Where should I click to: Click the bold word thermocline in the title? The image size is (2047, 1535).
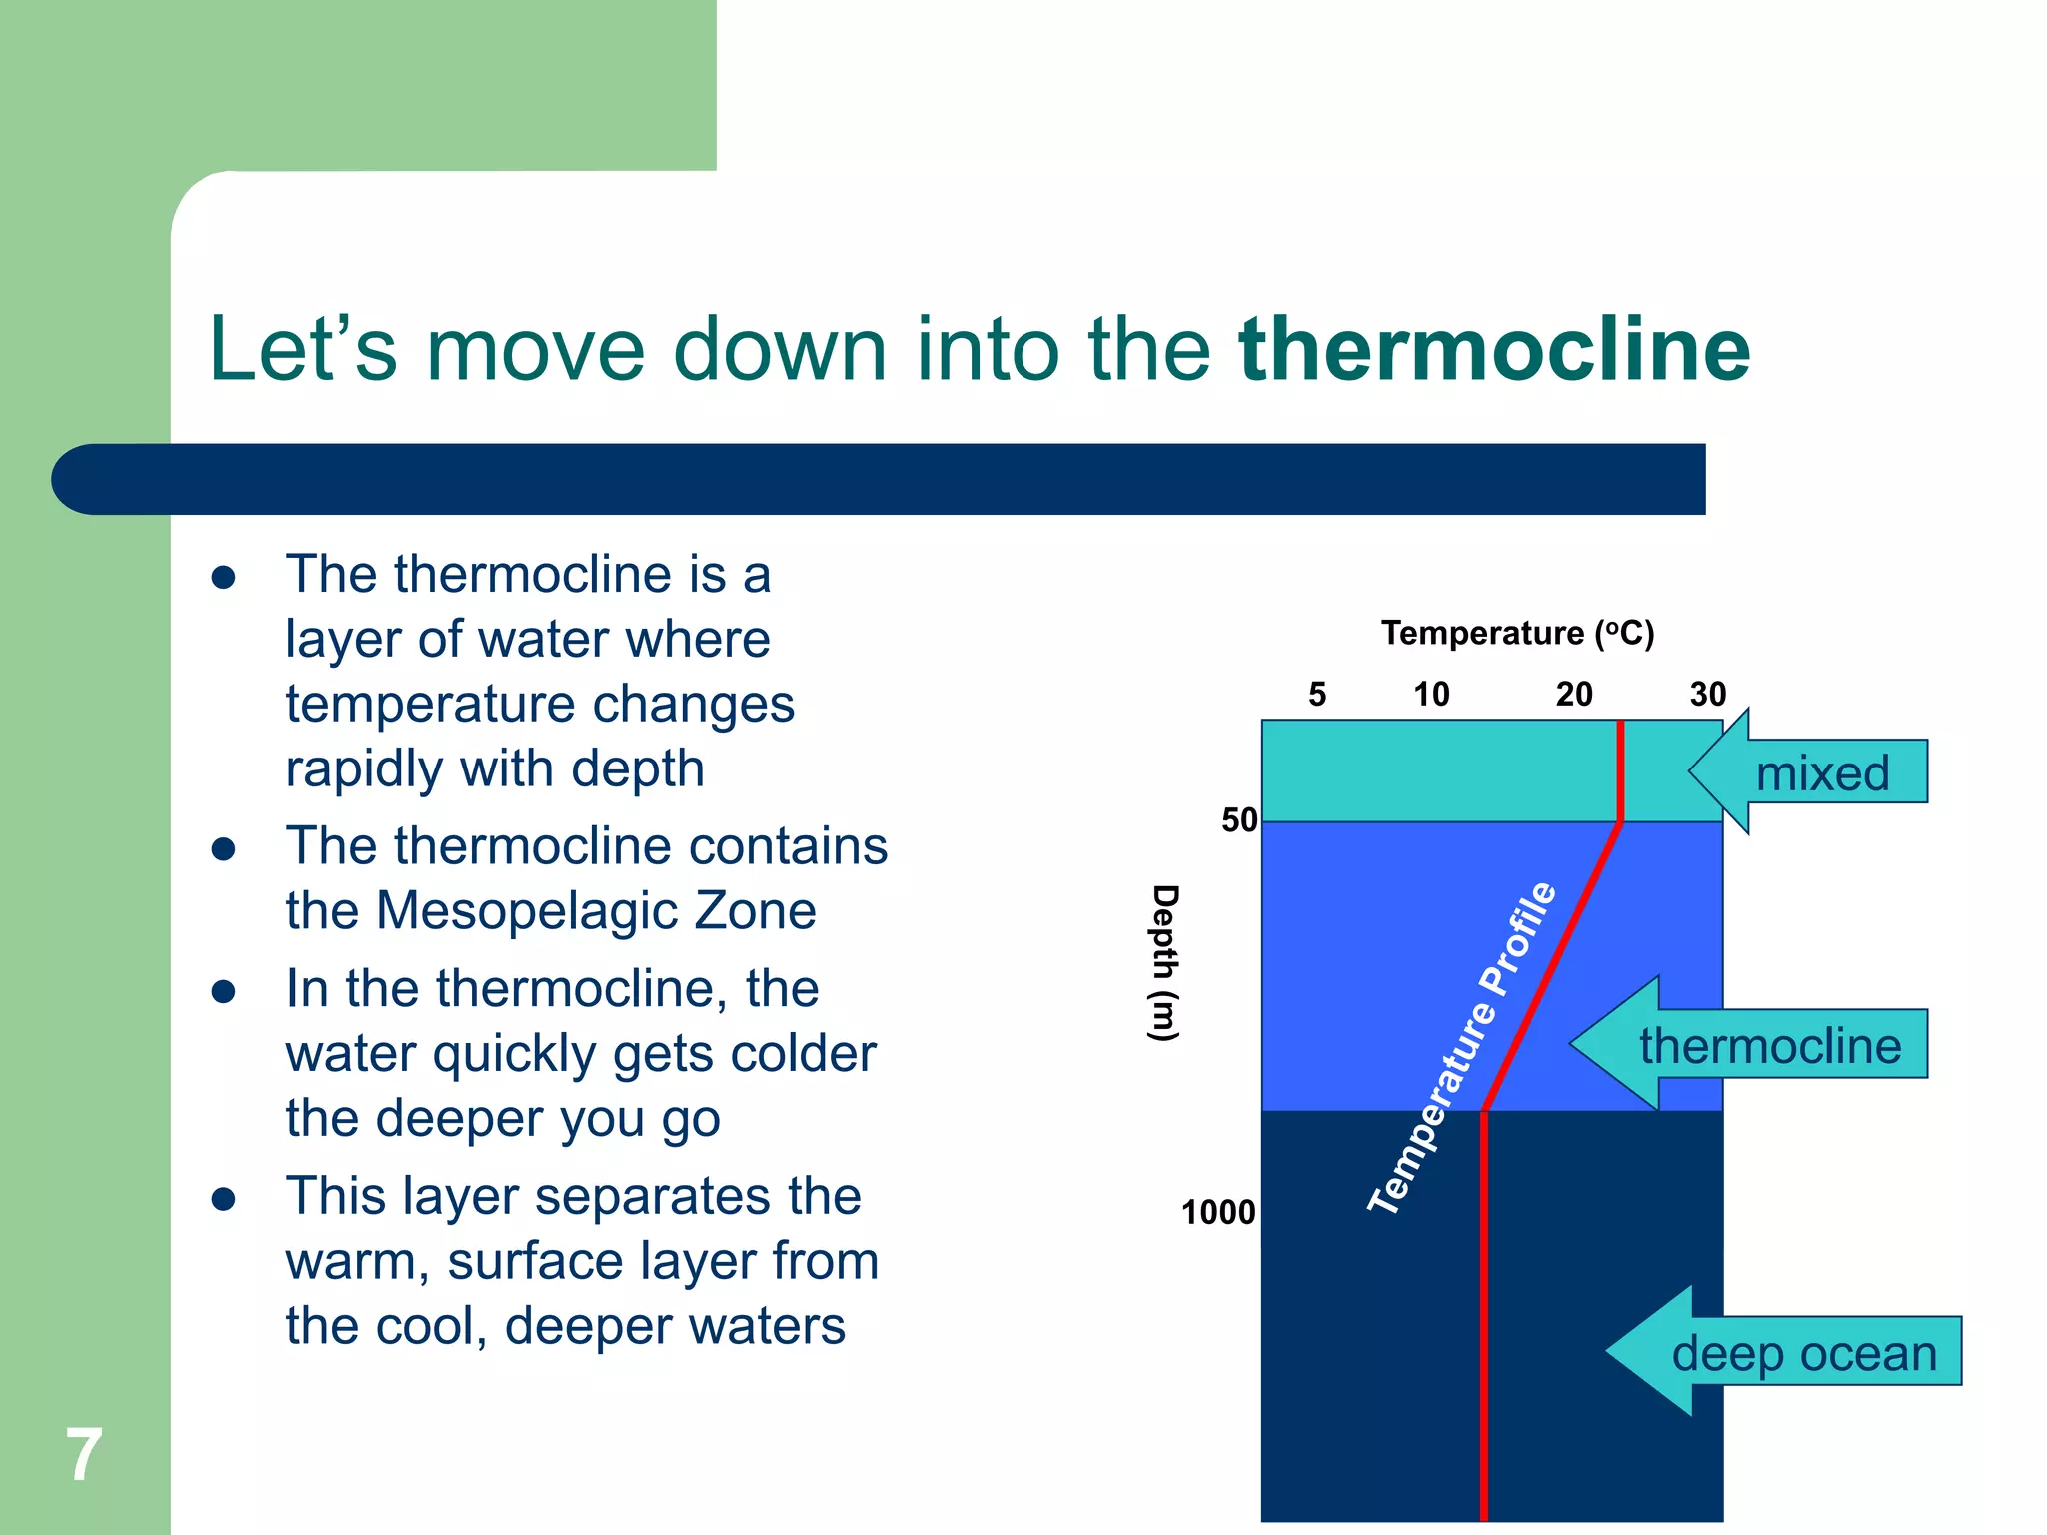coord(1494,349)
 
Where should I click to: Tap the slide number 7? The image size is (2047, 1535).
coord(84,1454)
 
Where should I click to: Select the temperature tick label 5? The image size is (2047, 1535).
coord(1317,694)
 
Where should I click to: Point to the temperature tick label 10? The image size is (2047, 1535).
coord(1431,694)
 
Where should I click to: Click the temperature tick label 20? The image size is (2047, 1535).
coord(1574,694)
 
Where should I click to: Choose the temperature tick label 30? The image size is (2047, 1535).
coord(1708,694)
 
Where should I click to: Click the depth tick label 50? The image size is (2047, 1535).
coord(1239,820)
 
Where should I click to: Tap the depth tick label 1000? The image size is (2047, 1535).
coord(1218,1212)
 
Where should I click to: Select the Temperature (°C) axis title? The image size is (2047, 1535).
coord(1518,633)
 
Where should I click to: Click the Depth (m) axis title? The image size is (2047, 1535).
coord(1164,963)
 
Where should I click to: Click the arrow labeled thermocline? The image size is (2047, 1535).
coord(1749,1045)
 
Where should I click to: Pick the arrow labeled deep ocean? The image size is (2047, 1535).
coord(1784,1352)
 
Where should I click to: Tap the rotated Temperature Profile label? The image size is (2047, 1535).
coord(1462,1048)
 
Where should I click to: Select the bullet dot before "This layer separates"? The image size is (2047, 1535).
coord(224,1199)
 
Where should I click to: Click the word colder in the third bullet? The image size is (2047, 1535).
coord(803,1054)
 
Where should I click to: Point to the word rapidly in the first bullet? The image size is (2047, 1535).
coord(363,769)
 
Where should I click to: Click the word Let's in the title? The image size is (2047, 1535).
coord(302,349)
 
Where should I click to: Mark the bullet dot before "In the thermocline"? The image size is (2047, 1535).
coord(224,991)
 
